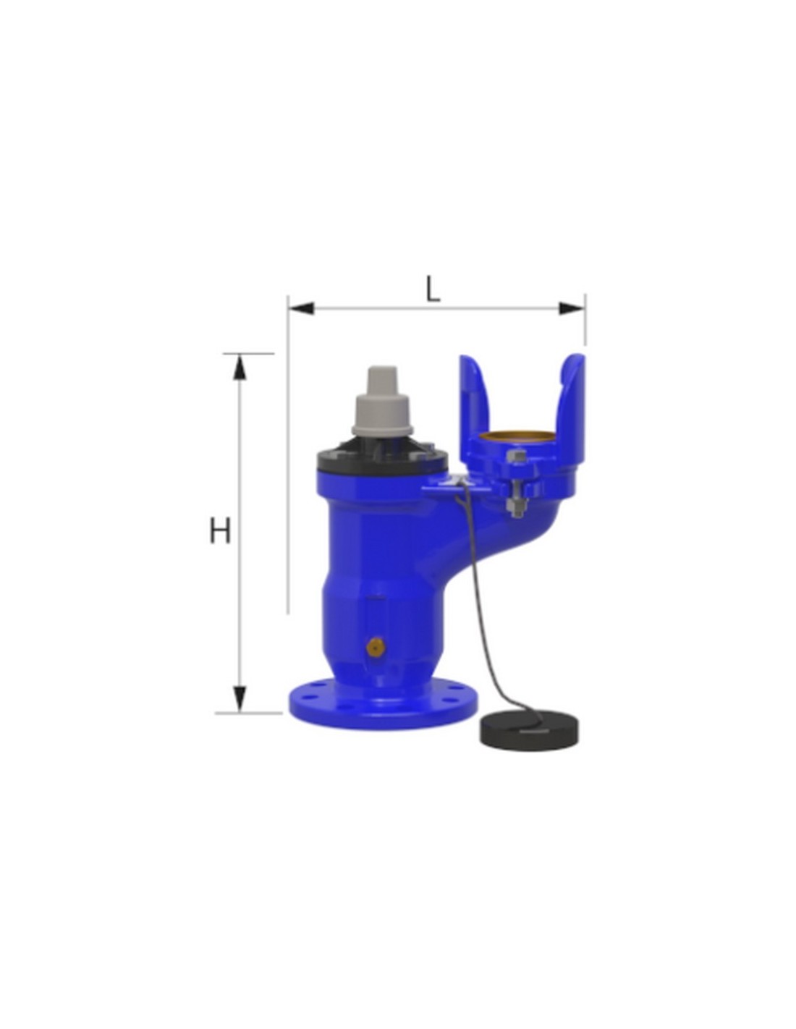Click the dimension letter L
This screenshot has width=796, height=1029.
(432, 289)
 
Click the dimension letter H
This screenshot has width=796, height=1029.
(220, 530)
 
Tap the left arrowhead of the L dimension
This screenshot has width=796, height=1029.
(301, 308)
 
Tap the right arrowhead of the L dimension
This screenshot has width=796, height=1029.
(572, 308)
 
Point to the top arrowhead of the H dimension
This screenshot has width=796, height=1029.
(240, 368)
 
